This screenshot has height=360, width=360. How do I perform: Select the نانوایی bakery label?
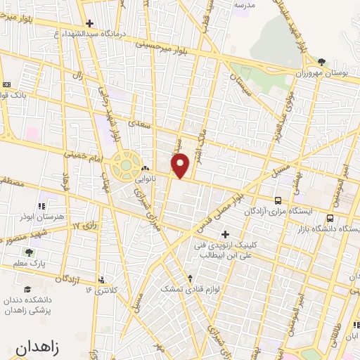coord(146,179)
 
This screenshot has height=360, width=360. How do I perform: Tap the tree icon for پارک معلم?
coord(29,253)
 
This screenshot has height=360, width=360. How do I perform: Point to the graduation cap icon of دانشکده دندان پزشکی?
coord(27,289)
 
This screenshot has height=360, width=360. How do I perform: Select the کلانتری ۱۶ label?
coord(98,289)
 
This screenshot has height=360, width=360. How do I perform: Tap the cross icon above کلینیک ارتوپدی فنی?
coord(225,234)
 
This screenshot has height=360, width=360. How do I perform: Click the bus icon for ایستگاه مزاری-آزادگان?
coord(278,200)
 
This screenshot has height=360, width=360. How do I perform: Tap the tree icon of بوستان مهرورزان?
coord(321,62)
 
